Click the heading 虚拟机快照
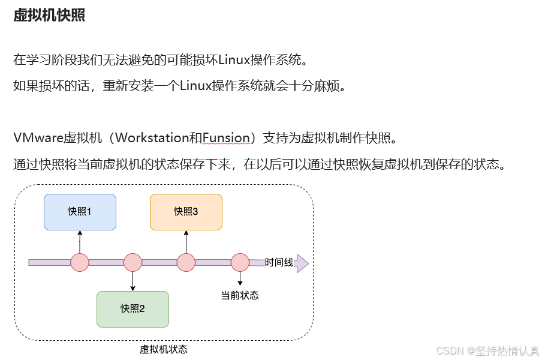(x=49, y=15)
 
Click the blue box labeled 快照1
(x=80, y=212)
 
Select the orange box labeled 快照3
(x=186, y=212)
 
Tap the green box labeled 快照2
(x=133, y=309)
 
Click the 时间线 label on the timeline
(x=279, y=262)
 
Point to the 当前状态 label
(x=240, y=295)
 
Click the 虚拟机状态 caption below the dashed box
(x=164, y=349)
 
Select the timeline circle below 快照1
(x=80, y=262)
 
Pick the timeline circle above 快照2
(x=133, y=262)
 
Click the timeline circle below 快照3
(x=186, y=262)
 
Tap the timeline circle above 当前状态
(x=240, y=262)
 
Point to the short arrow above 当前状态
(x=240, y=278)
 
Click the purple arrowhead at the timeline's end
(x=302, y=263)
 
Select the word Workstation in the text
(x=152, y=137)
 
